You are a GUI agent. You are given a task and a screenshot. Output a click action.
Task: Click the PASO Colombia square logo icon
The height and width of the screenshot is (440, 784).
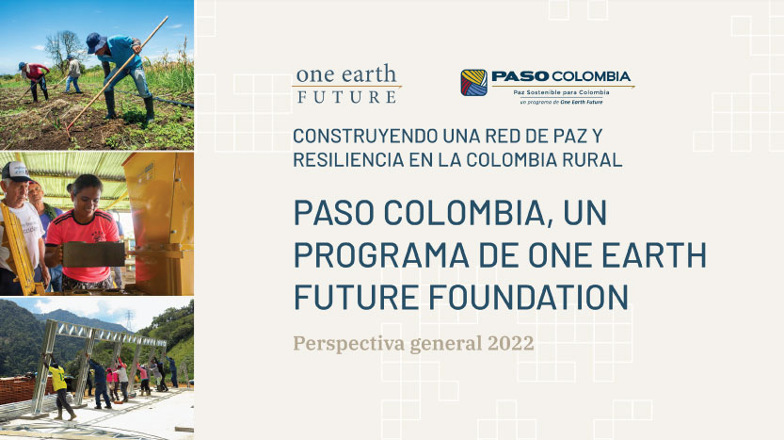[473, 82]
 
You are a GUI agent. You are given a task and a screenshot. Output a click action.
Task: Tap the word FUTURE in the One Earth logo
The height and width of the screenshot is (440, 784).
[346, 96]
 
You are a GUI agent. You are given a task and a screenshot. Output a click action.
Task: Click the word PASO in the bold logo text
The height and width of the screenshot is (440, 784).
[518, 76]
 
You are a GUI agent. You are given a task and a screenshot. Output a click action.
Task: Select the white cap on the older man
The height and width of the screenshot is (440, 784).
[15, 171]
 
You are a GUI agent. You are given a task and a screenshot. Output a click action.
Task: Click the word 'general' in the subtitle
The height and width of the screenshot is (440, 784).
[447, 343]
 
